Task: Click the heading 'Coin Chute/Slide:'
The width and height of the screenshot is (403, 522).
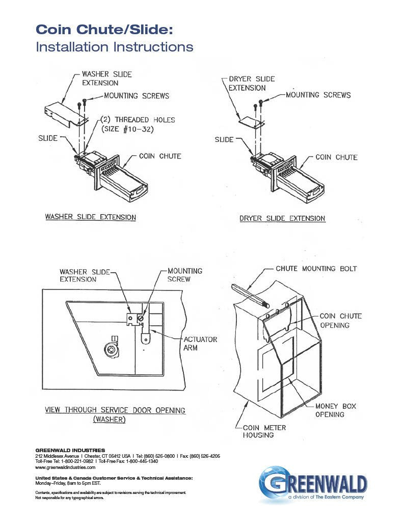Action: coord(104,30)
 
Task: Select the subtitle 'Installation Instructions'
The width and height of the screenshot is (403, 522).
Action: coord(114,47)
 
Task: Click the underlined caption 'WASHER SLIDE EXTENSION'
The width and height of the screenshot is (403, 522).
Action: coord(91,217)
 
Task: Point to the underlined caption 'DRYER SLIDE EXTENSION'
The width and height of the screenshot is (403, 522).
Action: coord(282,218)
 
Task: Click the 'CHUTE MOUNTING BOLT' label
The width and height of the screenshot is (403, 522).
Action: coord(316,269)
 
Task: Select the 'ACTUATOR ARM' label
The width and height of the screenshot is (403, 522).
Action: coord(200,343)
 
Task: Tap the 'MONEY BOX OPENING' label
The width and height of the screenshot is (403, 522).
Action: coord(335,410)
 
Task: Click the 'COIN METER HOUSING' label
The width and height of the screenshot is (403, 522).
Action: coord(264,431)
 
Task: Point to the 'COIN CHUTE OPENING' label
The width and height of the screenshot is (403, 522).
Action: coord(340,321)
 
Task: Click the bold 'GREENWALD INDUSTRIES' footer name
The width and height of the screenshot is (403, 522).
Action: coord(70,450)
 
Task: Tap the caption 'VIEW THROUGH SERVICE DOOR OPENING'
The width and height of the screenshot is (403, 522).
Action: coord(115,410)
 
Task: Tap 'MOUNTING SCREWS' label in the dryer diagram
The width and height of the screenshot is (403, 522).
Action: coord(318,95)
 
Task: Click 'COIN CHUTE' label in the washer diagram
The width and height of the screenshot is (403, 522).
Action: coord(160,156)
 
